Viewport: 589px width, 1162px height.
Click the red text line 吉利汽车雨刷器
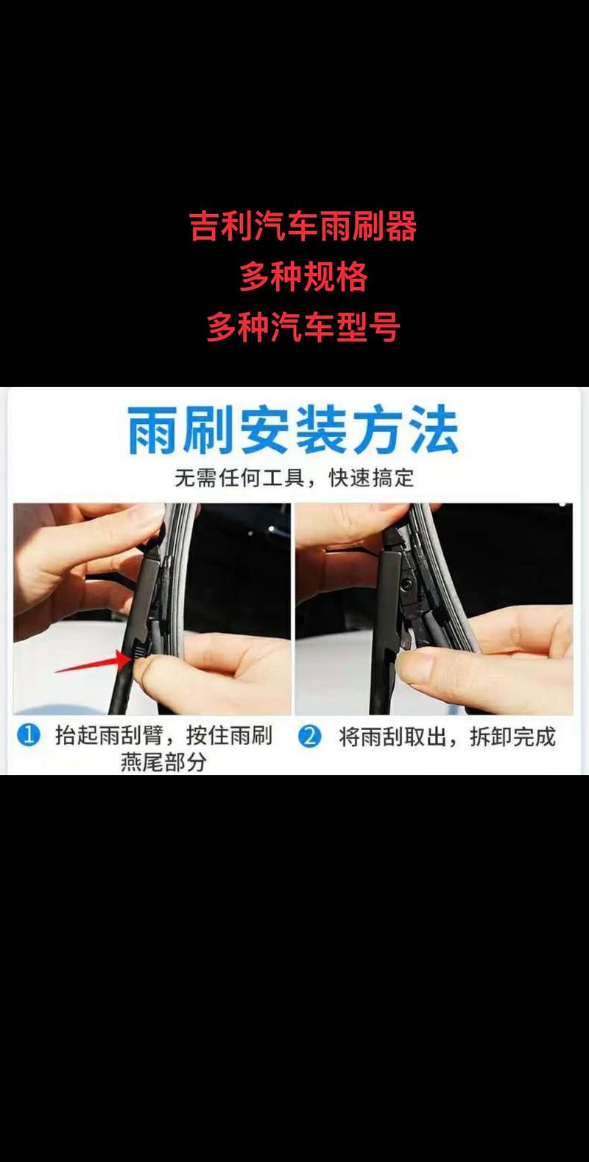coord(303,226)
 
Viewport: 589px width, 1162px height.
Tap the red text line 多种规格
coord(303,277)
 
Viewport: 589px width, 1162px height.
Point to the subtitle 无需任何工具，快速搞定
coord(294,478)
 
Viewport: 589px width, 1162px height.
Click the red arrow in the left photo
coord(92,663)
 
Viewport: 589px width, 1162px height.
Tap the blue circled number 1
coord(29,736)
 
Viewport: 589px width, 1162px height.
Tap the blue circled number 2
coord(310,737)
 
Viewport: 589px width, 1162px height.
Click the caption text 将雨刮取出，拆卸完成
coord(447,737)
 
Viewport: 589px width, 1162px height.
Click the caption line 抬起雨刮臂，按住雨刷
coord(163,736)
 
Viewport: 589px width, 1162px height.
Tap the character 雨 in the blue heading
coord(152,431)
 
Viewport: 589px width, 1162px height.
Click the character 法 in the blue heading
coord(434,431)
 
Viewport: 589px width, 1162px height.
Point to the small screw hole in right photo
coord(405,584)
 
